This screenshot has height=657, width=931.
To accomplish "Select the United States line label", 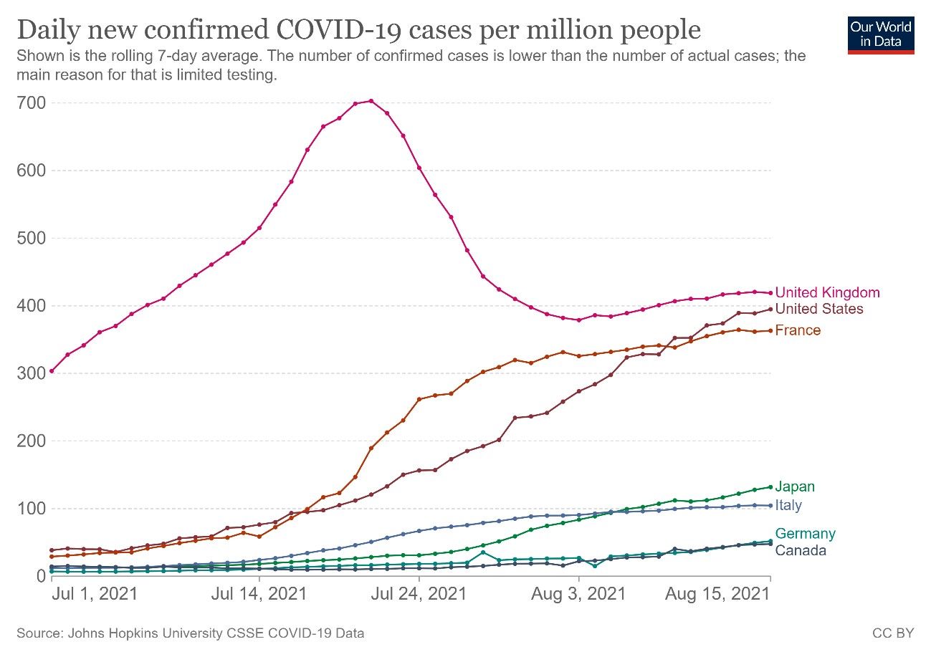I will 819,309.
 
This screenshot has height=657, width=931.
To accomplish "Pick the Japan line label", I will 795,487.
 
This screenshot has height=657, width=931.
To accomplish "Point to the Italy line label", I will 788,505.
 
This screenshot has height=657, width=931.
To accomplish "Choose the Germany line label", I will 805,534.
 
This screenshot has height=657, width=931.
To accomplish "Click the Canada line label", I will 801,550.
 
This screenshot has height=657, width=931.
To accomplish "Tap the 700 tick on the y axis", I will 32,103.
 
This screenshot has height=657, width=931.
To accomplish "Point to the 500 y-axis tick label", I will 32,239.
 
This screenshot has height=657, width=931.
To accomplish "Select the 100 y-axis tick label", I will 32,509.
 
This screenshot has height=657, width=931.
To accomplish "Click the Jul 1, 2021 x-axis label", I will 95,595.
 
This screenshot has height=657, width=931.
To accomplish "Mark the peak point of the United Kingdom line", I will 371,101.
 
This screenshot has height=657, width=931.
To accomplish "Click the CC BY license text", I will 893,633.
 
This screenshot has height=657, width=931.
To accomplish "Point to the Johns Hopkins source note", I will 190,633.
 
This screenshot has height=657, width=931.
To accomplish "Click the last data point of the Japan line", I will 770,487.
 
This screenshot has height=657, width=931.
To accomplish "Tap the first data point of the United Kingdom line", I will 52,371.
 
